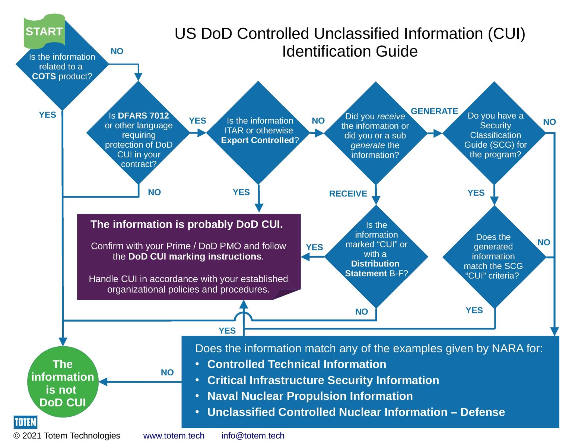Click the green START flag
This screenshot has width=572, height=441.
[x=44, y=32]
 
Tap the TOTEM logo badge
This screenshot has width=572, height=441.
[x=25, y=422]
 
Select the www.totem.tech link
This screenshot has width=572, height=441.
[x=174, y=435]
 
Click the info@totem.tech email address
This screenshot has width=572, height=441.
[x=252, y=435]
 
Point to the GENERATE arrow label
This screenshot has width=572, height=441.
[x=434, y=111]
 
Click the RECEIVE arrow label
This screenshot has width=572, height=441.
[x=348, y=193]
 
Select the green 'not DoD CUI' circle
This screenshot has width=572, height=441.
[x=63, y=382]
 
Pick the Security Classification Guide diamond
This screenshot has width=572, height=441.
[x=495, y=134]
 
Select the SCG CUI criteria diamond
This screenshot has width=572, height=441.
[x=493, y=256]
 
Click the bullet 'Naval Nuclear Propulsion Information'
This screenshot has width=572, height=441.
[x=310, y=396]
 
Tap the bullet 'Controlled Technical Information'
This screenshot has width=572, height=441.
[x=296, y=364]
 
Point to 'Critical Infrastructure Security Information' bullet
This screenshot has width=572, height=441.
[x=323, y=380]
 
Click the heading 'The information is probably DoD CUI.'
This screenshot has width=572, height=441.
[x=187, y=224]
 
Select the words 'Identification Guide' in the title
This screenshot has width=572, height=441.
[x=350, y=51]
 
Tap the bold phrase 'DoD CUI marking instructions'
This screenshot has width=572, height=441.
[x=195, y=256]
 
